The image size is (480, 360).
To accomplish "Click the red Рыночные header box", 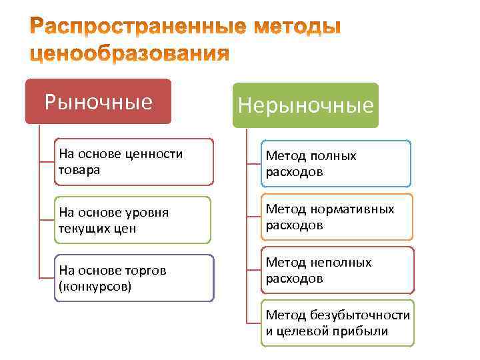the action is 98,101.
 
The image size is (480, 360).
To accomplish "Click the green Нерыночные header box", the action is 305,105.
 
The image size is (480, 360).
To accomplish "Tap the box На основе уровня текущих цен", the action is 134,219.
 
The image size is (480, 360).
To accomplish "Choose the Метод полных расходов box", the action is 335,163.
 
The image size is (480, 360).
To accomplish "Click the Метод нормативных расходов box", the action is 337,217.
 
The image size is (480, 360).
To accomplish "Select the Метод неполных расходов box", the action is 337,270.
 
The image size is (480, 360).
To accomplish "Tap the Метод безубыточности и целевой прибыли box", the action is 337,323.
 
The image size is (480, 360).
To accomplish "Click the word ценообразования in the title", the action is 130,54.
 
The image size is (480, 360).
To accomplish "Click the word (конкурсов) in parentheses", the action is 95,287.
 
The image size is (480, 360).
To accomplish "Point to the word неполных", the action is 341,263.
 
